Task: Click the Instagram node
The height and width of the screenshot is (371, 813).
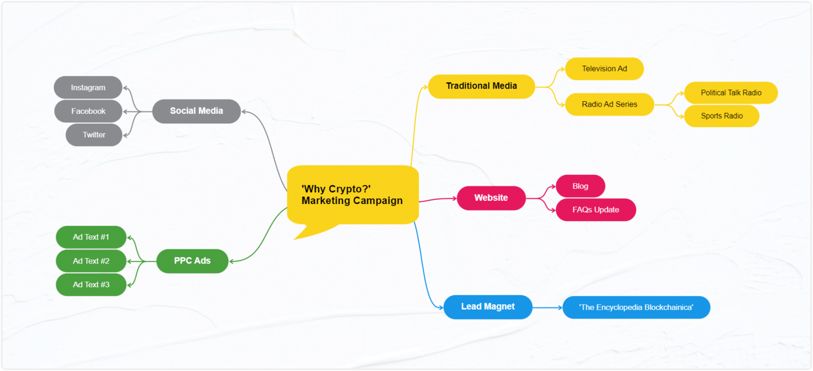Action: [x=88, y=87]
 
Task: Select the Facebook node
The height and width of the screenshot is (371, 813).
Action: [x=88, y=111]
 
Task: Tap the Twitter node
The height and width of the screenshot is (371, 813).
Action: [x=94, y=135]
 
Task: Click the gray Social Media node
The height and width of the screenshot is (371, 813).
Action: [x=196, y=111]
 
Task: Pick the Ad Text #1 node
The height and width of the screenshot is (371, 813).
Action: [x=91, y=237]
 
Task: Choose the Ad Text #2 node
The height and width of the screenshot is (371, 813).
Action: [x=91, y=261]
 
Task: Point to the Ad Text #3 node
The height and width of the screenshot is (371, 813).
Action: [x=91, y=285]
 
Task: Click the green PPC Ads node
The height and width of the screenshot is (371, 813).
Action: [x=192, y=261]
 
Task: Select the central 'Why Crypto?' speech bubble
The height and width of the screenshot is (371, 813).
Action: [x=353, y=195]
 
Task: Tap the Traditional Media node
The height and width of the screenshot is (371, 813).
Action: [x=481, y=86]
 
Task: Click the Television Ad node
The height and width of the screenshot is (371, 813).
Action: [x=604, y=69]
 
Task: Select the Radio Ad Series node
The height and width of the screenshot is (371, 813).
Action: [x=609, y=104]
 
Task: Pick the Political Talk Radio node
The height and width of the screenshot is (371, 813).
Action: [x=730, y=93]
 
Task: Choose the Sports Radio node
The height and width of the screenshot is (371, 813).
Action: [x=721, y=116]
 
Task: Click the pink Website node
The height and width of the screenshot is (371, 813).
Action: [x=491, y=198]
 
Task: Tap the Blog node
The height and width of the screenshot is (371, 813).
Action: [x=580, y=186]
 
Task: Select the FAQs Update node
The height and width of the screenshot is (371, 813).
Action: [x=595, y=210]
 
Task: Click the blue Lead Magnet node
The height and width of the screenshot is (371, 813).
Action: [x=487, y=307]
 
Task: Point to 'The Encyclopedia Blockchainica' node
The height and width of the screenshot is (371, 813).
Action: [x=636, y=307]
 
